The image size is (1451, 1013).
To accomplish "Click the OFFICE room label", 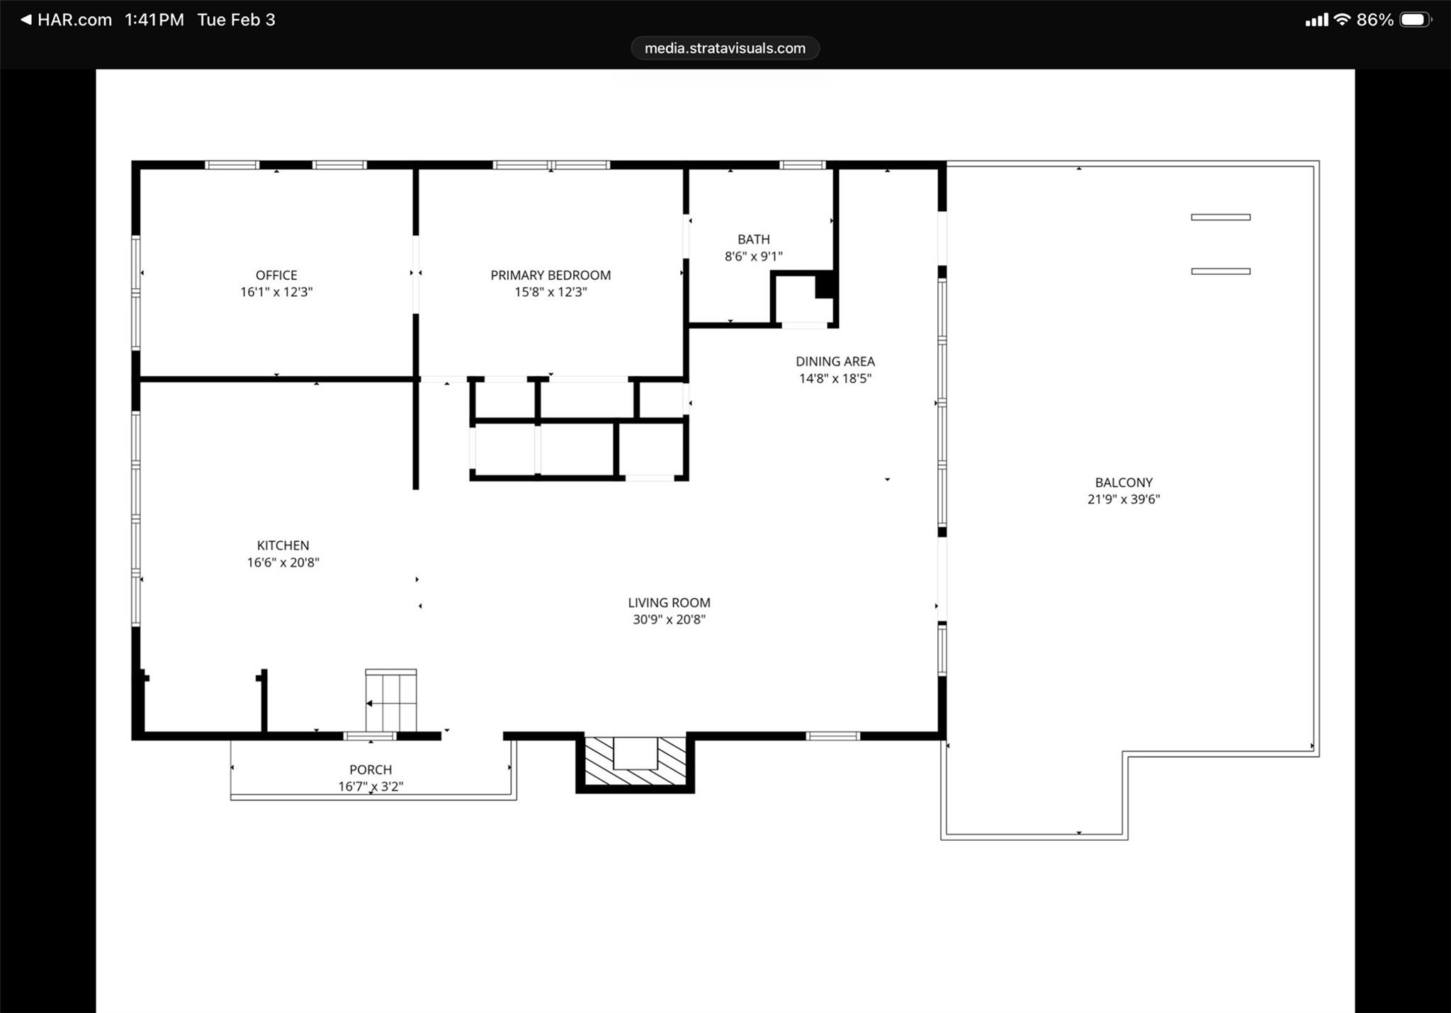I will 276,275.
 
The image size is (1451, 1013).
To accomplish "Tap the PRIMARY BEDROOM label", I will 551,275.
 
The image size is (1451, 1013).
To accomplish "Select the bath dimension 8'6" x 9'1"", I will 753,256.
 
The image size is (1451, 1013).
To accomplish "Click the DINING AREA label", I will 835,361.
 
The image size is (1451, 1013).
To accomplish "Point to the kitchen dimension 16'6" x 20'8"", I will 283,562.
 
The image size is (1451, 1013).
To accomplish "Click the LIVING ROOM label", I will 669,603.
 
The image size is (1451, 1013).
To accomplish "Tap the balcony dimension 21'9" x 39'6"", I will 1123,499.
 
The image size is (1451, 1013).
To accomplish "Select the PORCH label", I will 370,769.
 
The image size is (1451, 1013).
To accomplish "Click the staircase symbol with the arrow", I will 390,701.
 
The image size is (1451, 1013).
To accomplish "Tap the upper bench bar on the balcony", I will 1220,217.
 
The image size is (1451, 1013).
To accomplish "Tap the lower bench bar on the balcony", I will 1220,271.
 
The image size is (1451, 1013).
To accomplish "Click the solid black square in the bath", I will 825,285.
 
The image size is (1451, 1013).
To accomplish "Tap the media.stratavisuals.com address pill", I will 725,48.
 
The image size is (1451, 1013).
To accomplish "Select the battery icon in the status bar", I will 1415,20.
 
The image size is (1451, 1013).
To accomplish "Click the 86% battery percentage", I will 1374,20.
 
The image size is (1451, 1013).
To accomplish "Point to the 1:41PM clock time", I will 154,20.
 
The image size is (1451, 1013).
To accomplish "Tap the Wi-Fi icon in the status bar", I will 1341,20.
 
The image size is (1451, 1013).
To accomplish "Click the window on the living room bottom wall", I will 832,736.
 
